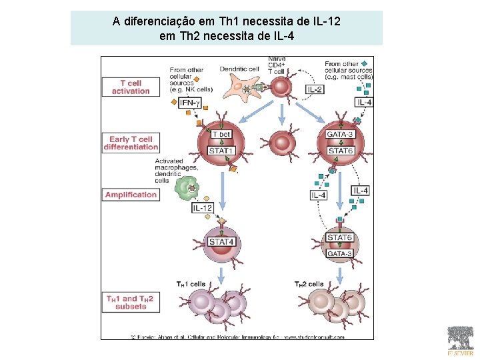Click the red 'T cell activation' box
[131, 87]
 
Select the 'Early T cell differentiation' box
[131, 143]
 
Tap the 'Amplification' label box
[131, 195]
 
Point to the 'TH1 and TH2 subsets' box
[131, 302]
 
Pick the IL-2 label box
[315, 89]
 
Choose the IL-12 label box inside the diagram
[203, 208]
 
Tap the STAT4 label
[221, 241]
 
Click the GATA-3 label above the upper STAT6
[340, 135]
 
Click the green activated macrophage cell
[189, 189]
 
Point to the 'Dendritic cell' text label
[239, 69]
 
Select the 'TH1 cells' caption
[191, 284]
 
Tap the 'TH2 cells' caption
[309, 284]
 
